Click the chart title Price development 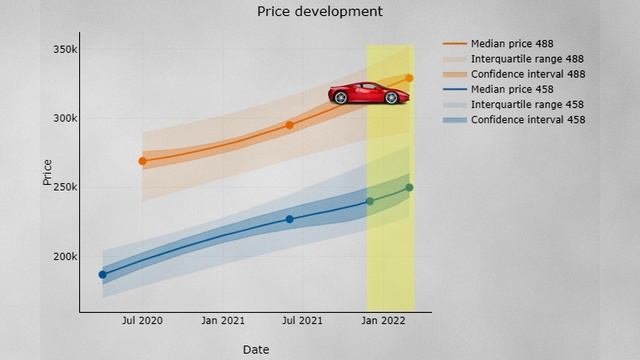point(319,12)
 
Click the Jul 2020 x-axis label point(142,321)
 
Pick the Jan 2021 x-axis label point(223,321)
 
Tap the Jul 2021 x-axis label point(302,321)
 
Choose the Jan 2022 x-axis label point(383,321)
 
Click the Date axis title point(255,349)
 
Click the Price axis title point(47,172)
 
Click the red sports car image point(369,93)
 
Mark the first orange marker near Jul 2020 point(143,160)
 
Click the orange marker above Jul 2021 point(289,125)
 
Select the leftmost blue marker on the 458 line point(102,274)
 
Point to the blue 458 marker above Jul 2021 point(289,219)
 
